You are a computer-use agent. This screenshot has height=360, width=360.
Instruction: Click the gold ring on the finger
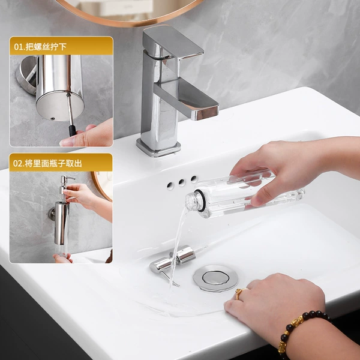pyautogui.click(x=239, y=293)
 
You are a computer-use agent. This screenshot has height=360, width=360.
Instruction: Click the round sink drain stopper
pyautogui.click(x=215, y=278)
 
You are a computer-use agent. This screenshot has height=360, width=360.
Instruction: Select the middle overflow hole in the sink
pyautogui.click(x=182, y=183)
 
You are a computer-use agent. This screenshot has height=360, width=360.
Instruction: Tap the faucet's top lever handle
pyautogui.click(x=173, y=42)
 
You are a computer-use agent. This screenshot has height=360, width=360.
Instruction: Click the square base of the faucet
pyautogui.click(x=158, y=148)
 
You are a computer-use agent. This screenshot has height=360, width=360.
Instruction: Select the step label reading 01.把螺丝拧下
pyautogui.click(x=40, y=47)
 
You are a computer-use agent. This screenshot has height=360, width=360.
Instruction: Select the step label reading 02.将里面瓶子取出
pyautogui.click(x=47, y=163)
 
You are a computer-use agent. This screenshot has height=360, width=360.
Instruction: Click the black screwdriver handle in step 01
pyautogui.click(x=73, y=130)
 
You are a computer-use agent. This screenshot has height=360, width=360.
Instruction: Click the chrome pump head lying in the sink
pyautogui.click(x=172, y=260)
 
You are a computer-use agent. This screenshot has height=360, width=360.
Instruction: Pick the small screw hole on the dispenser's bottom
pyautogui.click(x=53, y=119)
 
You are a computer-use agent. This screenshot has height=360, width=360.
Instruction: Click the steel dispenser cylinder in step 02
pyautogui.click(x=62, y=223)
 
